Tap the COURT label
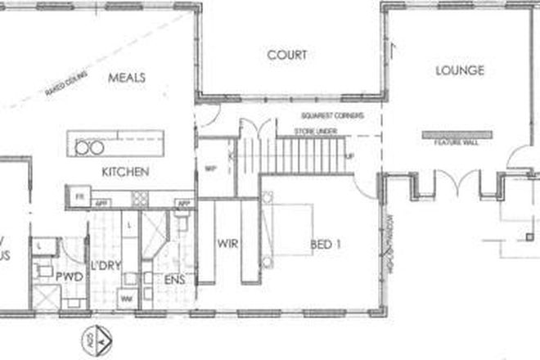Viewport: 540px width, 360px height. pos(287,56)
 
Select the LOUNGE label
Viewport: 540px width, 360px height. pos(459,70)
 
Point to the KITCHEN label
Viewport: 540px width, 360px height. pos(124,172)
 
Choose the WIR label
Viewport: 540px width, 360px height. pos(227,243)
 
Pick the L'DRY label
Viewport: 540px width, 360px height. pos(106,266)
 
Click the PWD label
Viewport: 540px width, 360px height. pos(68,277)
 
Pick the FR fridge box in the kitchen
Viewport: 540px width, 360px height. pos(79,196)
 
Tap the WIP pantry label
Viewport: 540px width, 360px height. pos(208,167)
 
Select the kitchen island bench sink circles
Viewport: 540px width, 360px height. pos(88,147)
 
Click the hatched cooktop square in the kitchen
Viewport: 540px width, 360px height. pos(140,198)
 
